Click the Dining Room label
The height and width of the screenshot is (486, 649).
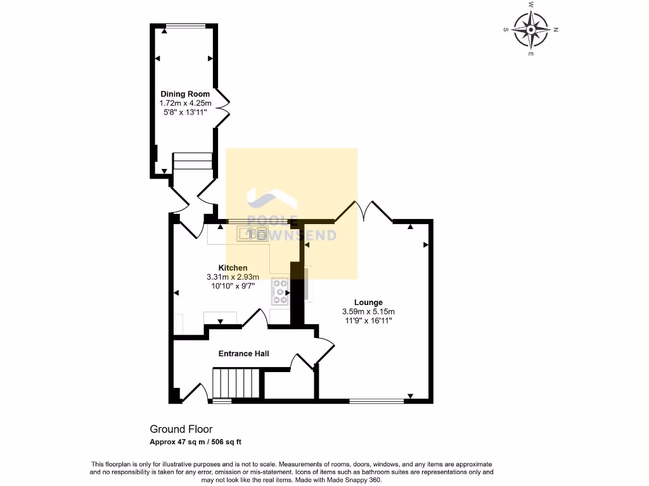click(184, 94)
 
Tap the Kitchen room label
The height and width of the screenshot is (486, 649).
click(233, 268)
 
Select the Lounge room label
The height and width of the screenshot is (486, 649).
click(368, 302)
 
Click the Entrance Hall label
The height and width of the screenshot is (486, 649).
click(243, 353)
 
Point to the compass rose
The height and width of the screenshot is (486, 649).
click(530, 30)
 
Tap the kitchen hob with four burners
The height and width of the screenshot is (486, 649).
click(279, 292)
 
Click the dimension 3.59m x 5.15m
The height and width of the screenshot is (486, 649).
click(368, 312)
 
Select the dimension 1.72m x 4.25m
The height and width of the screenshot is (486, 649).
click(184, 103)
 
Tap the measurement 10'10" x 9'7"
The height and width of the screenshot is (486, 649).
click(233, 285)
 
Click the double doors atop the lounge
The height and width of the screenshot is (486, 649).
click(364, 213)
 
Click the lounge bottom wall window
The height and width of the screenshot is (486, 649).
click(376, 401)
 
